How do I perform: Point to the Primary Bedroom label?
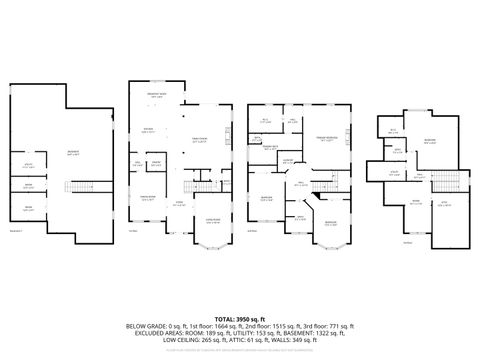pyautogui.click(x=325, y=138)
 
